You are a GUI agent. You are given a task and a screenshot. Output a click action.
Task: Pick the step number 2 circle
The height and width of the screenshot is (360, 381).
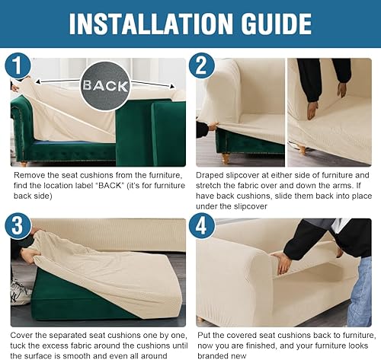(x=203, y=66)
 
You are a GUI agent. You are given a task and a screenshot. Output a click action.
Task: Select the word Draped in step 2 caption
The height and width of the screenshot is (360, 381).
(x=214, y=175)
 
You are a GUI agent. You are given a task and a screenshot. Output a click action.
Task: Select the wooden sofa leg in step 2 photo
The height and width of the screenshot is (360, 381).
(x=225, y=158)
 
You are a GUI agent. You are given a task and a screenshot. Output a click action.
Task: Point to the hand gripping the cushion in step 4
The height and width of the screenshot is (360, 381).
(x=283, y=263)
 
